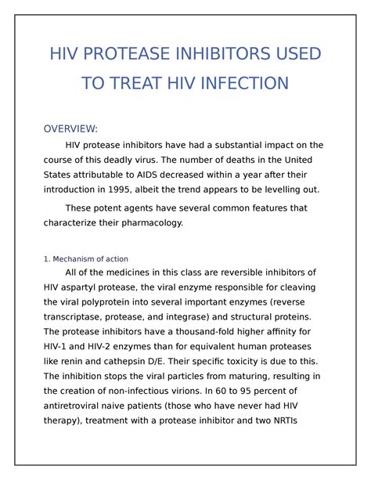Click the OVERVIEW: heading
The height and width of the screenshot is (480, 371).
(70, 128)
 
